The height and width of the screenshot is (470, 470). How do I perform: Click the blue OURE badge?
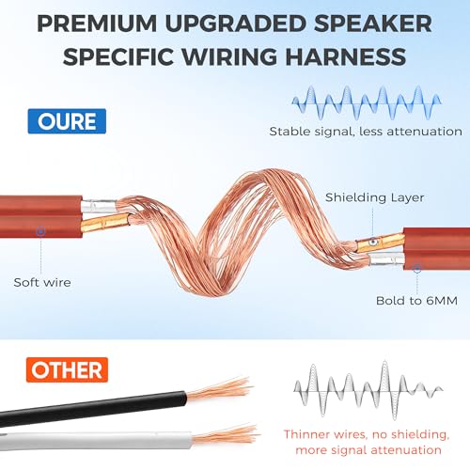click(x=67, y=121)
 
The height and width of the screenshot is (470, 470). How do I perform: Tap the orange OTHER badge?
click(x=67, y=369)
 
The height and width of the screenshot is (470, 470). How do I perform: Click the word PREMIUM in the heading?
click(x=97, y=23)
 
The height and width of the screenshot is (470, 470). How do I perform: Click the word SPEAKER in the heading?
click(x=373, y=23)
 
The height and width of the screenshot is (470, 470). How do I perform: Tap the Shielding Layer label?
click(x=374, y=197)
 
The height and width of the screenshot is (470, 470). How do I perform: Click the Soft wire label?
click(x=42, y=282)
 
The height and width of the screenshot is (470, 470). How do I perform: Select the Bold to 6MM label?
click(x=416, y=301)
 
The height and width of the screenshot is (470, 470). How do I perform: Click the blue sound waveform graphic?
click(x=367, y=102)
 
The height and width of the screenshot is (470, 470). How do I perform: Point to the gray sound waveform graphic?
click(x=368, y=390)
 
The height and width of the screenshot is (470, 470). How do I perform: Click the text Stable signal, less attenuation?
click(x=366, y=132)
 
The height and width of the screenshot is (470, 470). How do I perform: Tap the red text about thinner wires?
click(x=367, y=442)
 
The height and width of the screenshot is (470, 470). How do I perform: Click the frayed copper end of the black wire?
click(x=219, y=389)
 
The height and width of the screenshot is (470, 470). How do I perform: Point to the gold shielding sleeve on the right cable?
click(x=380, y=243)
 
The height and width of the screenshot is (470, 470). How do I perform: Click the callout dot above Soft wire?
click(x=40, y=231)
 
